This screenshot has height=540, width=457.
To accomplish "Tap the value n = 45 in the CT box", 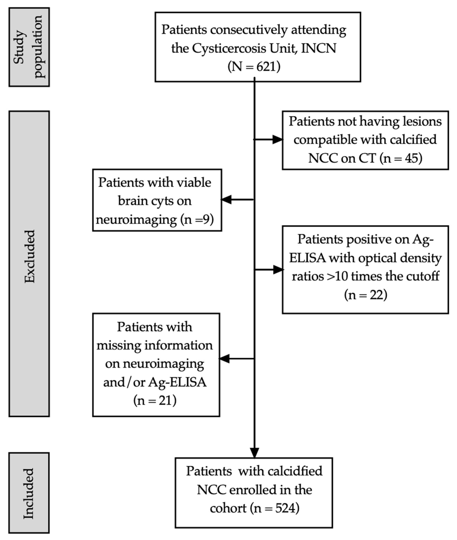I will coord(401,158).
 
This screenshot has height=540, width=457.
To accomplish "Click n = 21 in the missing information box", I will coord(155,401).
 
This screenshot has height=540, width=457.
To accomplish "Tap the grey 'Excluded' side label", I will coord(29,257).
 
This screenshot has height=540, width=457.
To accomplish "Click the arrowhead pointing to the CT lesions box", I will coord(277,140).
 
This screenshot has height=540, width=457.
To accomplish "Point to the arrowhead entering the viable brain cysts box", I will coord(226,200).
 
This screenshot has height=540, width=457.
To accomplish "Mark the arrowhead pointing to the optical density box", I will coord(278,270).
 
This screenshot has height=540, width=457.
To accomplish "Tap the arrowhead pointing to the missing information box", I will coord(225,359).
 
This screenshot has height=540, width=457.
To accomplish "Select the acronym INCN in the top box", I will coord(318,48).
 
